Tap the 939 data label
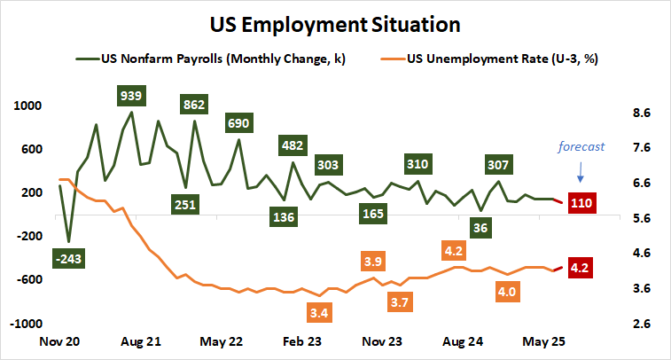point(131,95)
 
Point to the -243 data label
point(68,259)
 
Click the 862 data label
point(193,105)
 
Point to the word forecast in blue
point(581,147)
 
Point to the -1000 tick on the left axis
point(26,324)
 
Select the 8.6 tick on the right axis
point(641,113)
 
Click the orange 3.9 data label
point(373,262)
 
